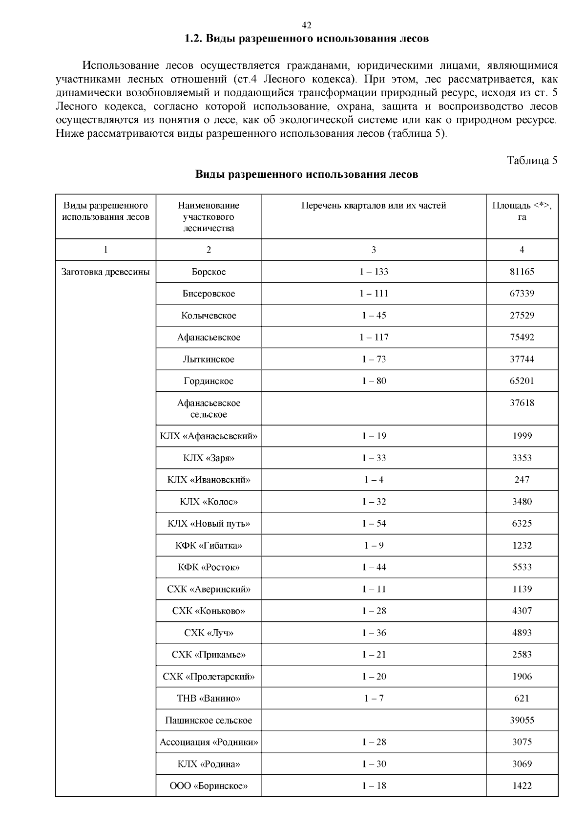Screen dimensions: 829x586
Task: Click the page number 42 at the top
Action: point(307,25)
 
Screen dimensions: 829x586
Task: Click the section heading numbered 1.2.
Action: point(307,39)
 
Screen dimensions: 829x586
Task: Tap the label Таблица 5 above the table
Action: point(532,160)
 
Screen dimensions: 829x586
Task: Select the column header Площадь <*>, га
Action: point(522,211)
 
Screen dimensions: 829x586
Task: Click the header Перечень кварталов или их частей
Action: point(374,206)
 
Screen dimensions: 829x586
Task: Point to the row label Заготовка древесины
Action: point(105,272)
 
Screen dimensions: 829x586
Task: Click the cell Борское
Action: point(209,272)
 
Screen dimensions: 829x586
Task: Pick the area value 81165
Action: point(522,272)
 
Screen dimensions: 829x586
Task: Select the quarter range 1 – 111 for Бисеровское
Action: point(374,294)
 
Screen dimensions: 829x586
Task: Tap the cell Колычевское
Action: point(209,316)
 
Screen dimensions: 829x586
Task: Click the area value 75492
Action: point(522,337)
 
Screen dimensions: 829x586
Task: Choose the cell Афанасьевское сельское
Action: point(209,408)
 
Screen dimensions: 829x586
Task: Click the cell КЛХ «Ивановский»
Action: point(209,480)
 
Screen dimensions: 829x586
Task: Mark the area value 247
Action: point(522,480)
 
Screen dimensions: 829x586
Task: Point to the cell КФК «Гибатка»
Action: point(209,545)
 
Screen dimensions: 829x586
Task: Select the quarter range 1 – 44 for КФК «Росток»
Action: point(374,567)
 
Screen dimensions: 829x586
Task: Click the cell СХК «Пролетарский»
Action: point(209,677)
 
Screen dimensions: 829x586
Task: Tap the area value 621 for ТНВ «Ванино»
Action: point(522,699)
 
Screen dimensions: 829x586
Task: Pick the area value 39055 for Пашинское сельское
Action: point(522,720)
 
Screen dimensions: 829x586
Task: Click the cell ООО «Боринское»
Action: point(209,786)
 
